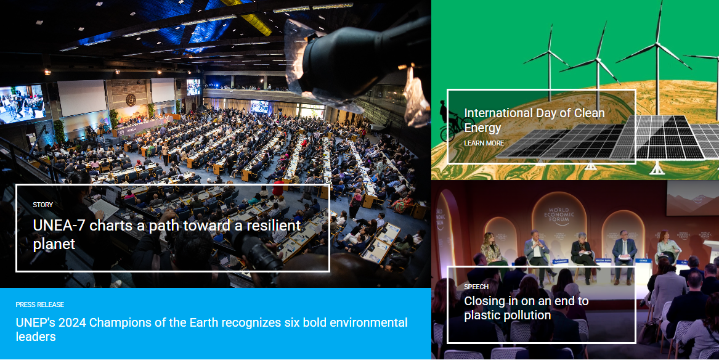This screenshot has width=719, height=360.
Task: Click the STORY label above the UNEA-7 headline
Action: click(43, 205)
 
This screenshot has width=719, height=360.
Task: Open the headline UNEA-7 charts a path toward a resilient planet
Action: click(166, 234)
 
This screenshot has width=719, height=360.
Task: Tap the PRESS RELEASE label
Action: click(40, 305)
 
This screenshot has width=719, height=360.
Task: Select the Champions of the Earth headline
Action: click(211, 329)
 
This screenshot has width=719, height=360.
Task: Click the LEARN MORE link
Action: click(484, 143)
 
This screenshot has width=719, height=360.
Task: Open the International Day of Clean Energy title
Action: click(534, 120)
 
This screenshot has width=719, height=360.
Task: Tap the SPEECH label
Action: click(476, 287)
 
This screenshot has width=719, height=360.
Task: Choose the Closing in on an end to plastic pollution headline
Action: click(526, 308)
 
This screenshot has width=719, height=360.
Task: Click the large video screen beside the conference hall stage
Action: click(22, 104)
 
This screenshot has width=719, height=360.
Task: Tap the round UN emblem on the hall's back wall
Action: click(131, 99)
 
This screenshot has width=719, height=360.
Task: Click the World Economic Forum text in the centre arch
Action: click(559, 214)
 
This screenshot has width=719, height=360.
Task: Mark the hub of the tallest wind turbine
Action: click(657, 44)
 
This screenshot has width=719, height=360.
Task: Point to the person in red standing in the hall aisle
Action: click(277, 187)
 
